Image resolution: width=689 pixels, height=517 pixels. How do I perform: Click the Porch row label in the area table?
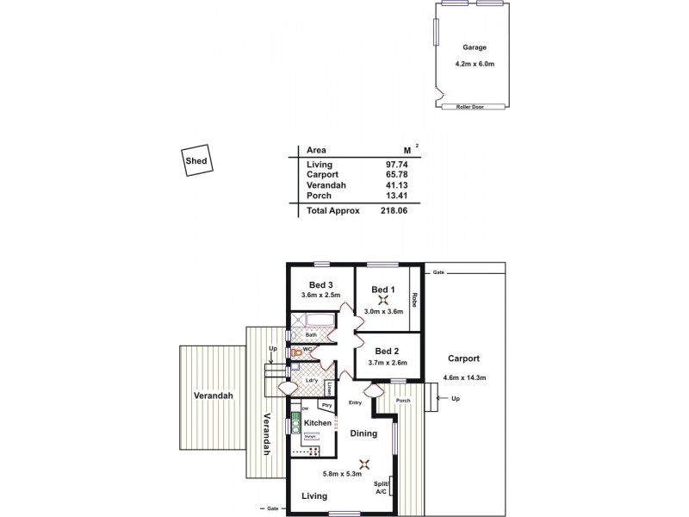point(318,196)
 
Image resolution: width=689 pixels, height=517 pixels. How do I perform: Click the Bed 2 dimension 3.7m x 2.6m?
point(388,364)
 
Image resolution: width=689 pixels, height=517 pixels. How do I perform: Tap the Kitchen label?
point(318,423)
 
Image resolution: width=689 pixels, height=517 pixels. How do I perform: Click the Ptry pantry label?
point(326,405)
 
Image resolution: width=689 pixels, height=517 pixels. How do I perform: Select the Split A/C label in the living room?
point(380,488)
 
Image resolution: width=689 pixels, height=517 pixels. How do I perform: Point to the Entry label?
point(354,402)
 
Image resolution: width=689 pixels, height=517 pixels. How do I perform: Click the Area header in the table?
point(316,150)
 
